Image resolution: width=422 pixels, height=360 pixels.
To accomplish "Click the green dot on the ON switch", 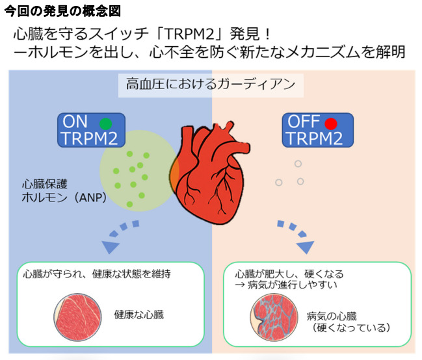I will point(105,122).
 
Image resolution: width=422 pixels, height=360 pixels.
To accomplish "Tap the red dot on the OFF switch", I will point(331,122).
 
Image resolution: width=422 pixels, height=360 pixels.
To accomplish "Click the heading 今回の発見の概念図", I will point(62,11).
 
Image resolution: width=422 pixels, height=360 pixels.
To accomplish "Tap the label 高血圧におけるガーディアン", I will point(211,84).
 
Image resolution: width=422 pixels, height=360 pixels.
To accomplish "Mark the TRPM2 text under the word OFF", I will point(315,138).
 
